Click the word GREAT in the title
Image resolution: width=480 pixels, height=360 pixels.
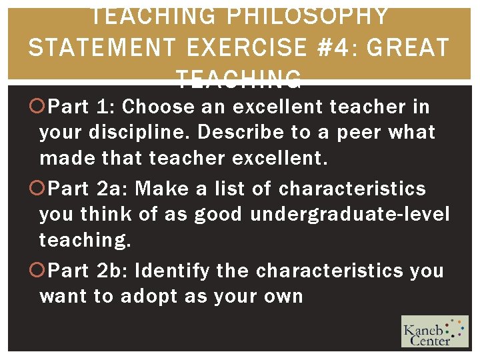[409, 49]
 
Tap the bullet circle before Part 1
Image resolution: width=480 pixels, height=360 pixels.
[41, 106]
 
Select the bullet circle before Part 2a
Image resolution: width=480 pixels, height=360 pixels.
[41, 189]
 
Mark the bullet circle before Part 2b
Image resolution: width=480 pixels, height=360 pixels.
[41, 271]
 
